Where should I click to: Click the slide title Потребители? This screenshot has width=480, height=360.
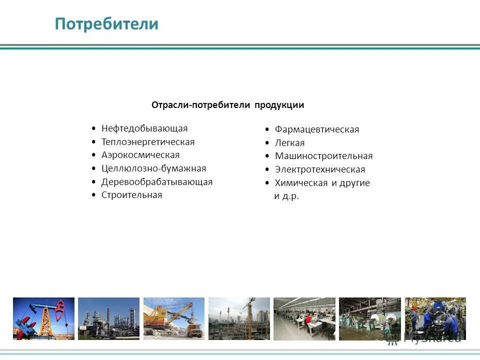pos(106,24)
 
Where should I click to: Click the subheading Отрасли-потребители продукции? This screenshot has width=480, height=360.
pos(227,105)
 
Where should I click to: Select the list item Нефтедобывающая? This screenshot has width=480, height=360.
pos(144,128)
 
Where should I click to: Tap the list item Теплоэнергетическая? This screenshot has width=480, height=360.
pos(148,142)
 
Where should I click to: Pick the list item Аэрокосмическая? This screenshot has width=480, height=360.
pos(140,155)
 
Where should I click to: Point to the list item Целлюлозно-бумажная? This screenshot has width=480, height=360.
pos(153,168)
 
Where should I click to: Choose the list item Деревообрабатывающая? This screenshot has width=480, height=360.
pos(157,182)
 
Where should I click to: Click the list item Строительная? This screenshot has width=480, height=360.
pos(132,195)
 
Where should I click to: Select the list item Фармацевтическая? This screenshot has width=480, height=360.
pos(317,129)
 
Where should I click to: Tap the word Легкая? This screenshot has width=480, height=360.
pos(289,143)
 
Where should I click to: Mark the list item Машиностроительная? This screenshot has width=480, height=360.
pos(323,156)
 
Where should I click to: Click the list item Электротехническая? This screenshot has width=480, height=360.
pos(320,169)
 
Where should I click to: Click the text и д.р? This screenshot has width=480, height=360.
pos(286,196)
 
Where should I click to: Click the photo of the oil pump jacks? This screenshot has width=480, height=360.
pos(43,318)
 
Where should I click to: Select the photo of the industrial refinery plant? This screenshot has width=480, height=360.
pos(108,318)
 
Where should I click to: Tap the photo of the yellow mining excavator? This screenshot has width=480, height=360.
pos(174,318)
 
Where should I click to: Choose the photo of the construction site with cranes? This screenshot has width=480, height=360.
pos(239,318)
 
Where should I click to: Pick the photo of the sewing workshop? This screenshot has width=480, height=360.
pos(304,318)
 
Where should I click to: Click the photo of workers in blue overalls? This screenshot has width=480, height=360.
pos(435,318)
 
